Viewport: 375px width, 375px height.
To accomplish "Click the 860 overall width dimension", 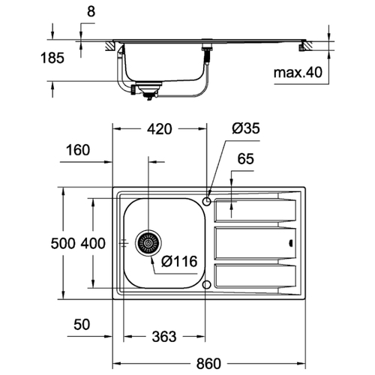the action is coord(208,364).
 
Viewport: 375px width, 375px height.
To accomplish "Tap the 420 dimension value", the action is coord(160,129).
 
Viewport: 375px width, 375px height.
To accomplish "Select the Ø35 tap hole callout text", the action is coord(246,128).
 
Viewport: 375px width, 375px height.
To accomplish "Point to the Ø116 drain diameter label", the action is coord(179,262).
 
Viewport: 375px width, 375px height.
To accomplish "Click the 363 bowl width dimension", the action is coord(164,337).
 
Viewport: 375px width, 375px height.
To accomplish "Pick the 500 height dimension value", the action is coord(63,243).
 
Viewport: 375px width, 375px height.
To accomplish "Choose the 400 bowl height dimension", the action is coord(93,243).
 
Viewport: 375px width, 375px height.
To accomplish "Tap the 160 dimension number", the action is coord(78,150).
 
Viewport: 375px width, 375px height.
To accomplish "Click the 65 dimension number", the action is coord(245,159).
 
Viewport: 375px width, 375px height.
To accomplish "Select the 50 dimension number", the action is coord(82,325).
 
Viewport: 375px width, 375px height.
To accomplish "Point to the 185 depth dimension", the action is coord(52,58).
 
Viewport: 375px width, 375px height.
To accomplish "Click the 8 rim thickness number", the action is coord(91,12).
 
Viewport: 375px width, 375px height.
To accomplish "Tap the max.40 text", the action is coord(298,73).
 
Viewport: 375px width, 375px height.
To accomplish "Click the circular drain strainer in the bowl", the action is coord(148,243).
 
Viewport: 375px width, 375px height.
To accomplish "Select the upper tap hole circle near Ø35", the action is coord(207,201).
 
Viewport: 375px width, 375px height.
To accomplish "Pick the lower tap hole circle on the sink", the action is coord(206,284).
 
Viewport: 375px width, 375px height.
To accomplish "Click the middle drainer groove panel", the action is coord(255,243).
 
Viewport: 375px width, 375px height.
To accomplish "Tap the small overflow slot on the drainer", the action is coord(291,243).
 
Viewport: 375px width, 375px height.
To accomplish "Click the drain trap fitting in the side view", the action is coord(148,90).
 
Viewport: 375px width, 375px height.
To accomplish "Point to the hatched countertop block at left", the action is coord(109,46).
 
